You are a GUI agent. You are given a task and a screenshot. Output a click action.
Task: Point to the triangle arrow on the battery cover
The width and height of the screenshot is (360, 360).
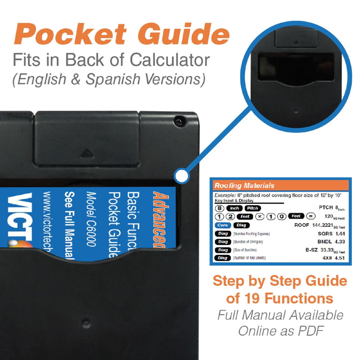pyautogui.click(x=86, y=153)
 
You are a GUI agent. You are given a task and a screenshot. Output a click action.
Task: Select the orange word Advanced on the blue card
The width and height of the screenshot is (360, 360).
pyautogui.click(x=159, y=220)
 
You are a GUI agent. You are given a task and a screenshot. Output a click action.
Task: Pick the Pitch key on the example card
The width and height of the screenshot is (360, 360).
pyautogui.click(x=253, y=208)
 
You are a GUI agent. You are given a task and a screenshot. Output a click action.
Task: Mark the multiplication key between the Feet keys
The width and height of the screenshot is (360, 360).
pyautogui.click(x=260, y=217)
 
